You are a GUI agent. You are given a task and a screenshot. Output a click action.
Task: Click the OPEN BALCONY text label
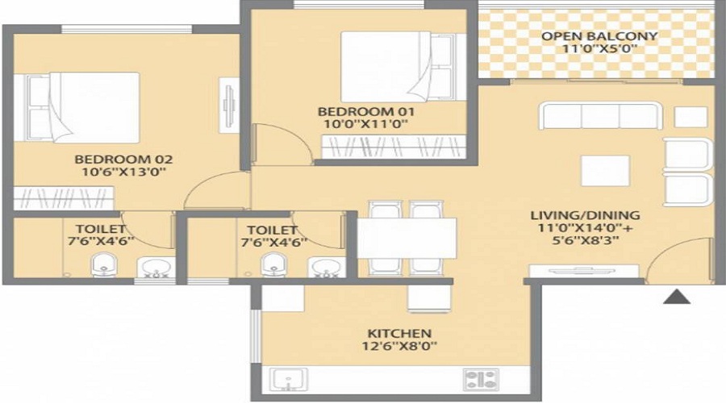599,36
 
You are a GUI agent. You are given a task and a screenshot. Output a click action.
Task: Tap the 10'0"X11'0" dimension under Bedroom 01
362,124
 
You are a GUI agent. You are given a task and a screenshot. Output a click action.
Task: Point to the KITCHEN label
398,333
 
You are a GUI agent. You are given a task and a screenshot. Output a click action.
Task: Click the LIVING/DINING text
585,215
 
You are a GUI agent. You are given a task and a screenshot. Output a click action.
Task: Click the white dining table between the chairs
407,237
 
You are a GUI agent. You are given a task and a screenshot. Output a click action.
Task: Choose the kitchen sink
286,379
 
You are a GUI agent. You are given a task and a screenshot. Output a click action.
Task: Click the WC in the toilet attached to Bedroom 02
102,264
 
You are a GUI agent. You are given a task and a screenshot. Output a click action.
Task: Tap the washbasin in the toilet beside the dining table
325,266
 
